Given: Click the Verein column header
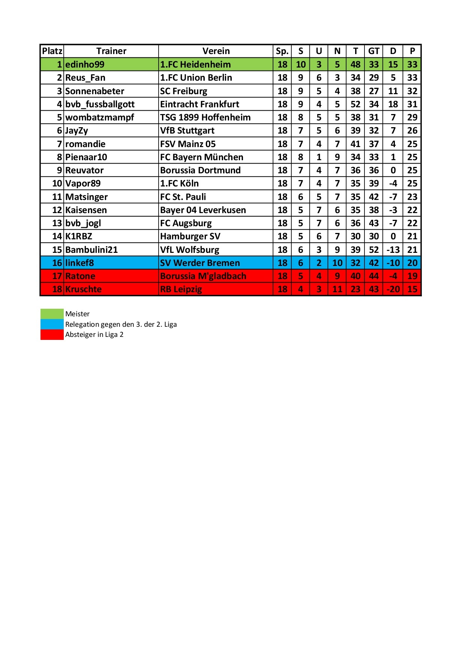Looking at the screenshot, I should pyautogui.click(x=216, y=51).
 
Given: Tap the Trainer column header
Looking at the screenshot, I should pyautogui.click(x=111, y=51).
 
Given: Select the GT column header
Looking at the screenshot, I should pyautogui.click(x=373, y=51).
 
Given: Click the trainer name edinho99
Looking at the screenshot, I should pyautogui.click(x=85, y=65).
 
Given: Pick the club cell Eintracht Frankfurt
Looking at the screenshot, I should pyautogui.click(x=199, y=104).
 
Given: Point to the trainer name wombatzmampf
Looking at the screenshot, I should pyautogui.click(x=99, y=117).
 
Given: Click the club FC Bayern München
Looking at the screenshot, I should pyautogui.click(x=202, y=157).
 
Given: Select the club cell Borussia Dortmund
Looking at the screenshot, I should pyautogui.click(x=200, y=170).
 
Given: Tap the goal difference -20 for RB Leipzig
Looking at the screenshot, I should pyautogui.click(x=393, y=289).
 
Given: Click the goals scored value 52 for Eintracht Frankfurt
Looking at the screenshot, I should pyautogui.click(x=355, y=104).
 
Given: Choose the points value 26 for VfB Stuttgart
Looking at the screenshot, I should pyautogui.click(x=412, y=131).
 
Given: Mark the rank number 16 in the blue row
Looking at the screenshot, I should pyautogui.click(x=57, y=263).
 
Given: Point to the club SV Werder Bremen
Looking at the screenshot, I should pyautogui.click(x=200, y=263).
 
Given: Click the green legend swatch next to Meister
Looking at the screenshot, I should pyautogui.click(x=52, y=314).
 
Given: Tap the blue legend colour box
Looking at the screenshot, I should pyautogui.click(x=52, y=324).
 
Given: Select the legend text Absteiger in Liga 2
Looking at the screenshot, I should pyautogui.click(x=94, y=335).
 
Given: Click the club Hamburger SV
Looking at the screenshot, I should pyautogui.click(x=190, y=236).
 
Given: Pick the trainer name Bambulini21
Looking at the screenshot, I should pyautogui.click(x=91, y=250).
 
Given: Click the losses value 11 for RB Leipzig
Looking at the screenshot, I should pyautogui.click(x=337, y=289).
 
